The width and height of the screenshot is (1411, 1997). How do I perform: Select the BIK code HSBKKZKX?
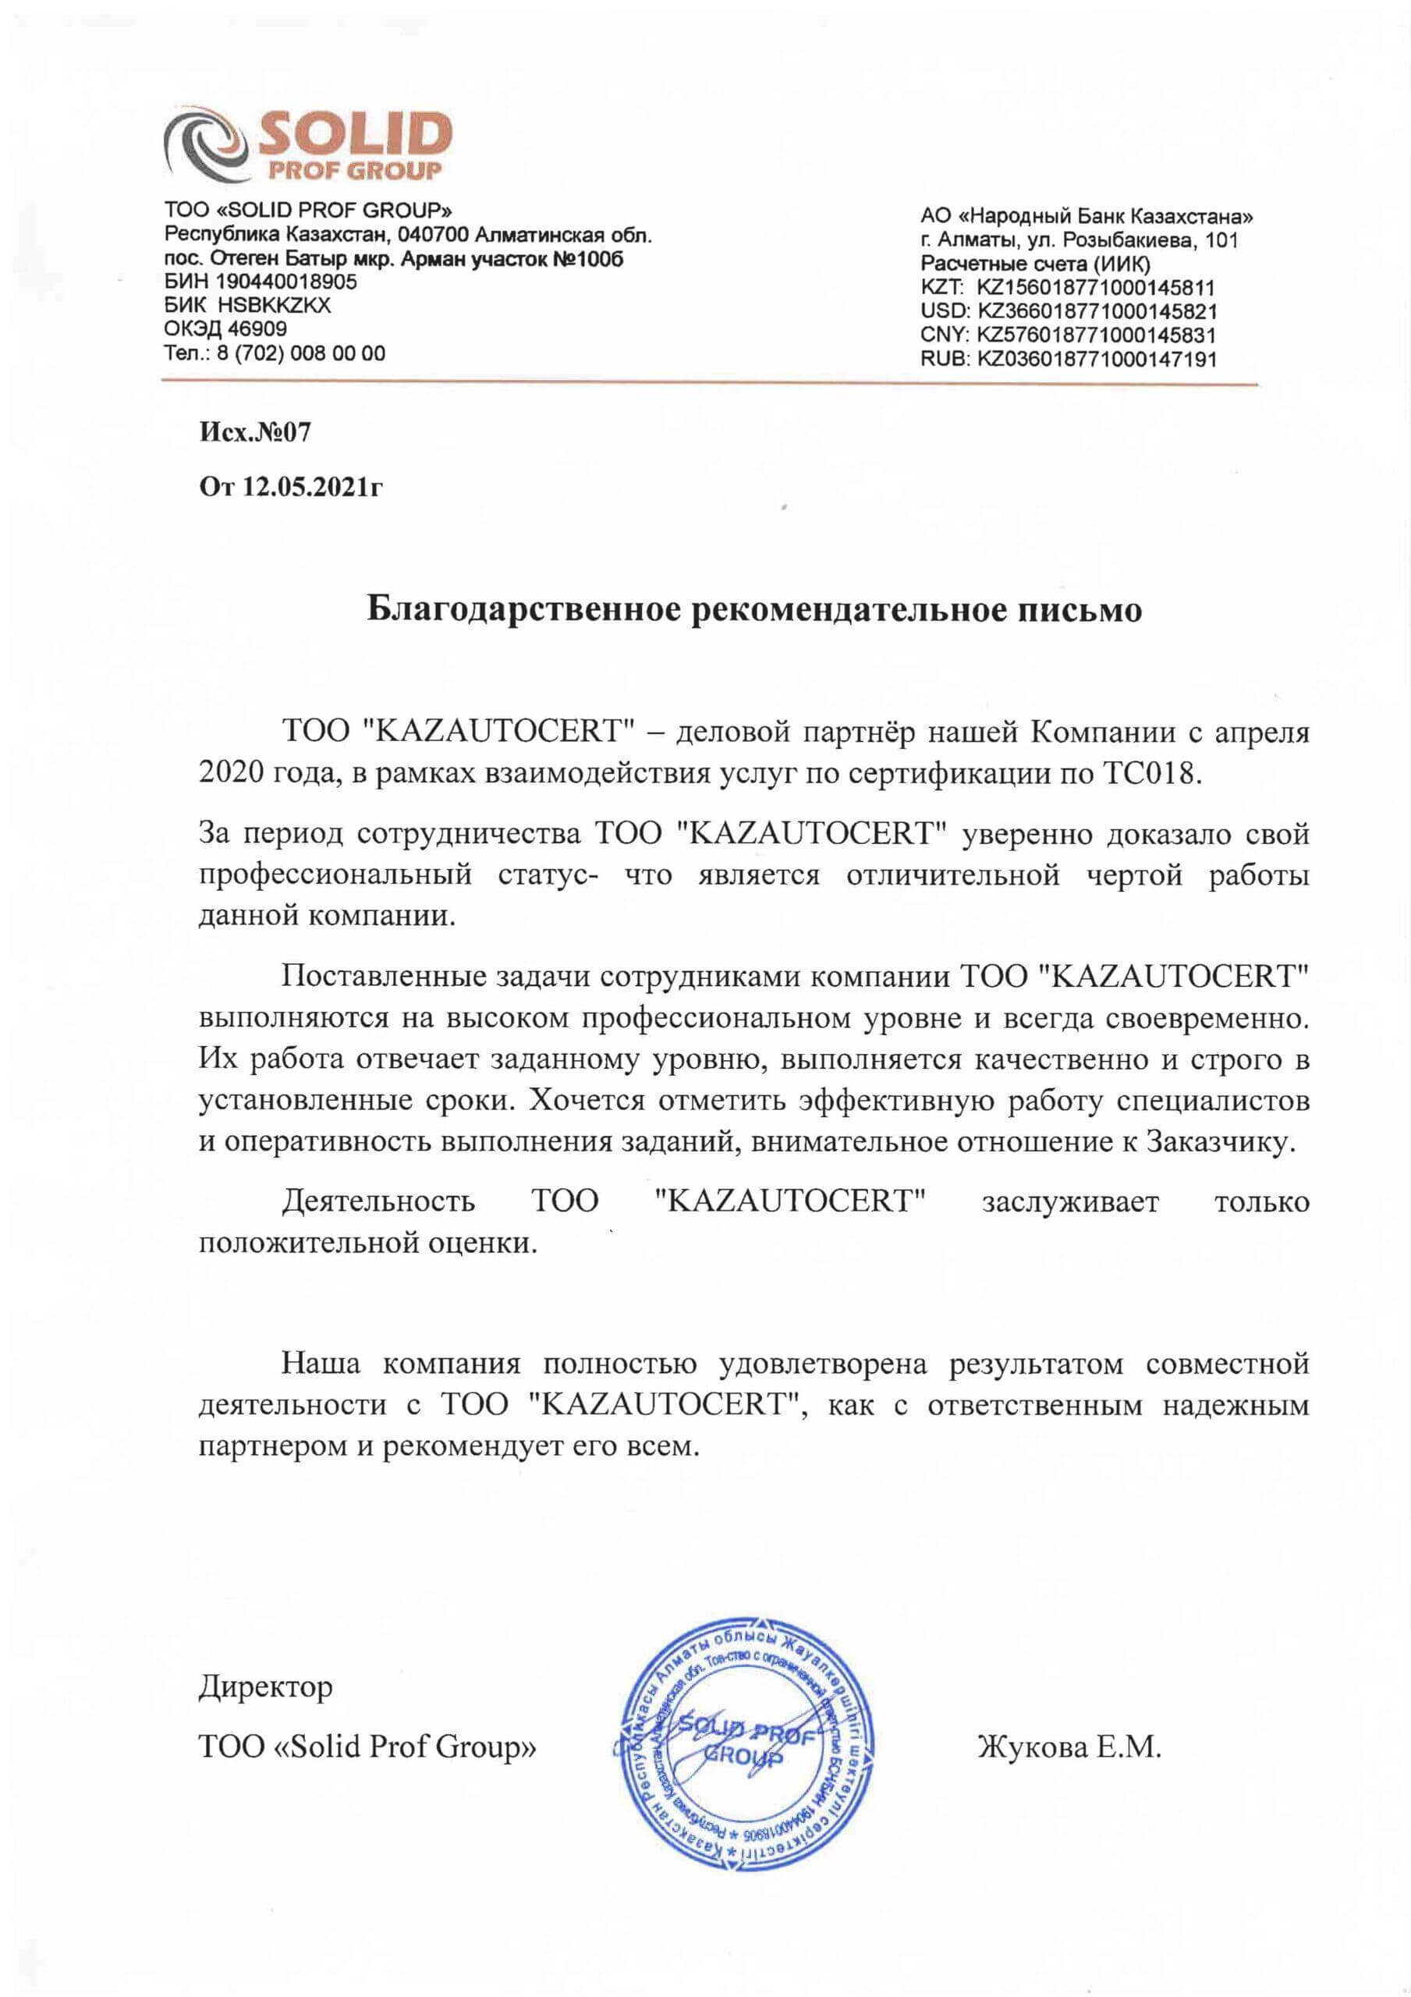click(x=275, y=305)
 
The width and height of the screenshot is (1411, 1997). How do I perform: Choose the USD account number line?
click(x=1069, y=310)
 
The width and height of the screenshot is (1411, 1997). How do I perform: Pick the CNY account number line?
click(x=1069, y=334)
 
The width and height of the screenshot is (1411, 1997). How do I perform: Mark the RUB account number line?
click(x=1069, y=358)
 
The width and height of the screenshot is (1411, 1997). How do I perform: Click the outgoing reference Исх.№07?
click(x=254, y=432)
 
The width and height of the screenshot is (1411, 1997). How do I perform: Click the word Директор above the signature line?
click(x=265, y=1688)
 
